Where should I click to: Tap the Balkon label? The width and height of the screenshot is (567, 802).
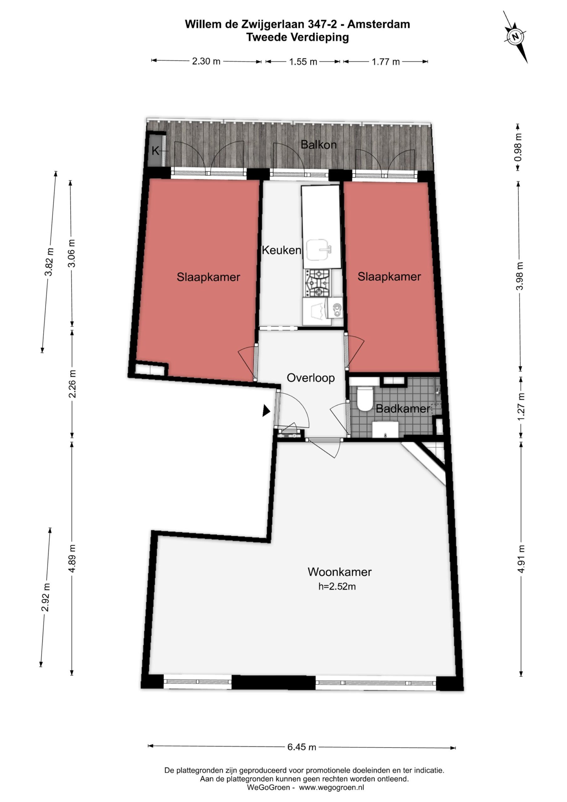318,145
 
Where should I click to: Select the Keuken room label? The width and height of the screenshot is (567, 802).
281,250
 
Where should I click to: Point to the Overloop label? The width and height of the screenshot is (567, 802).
310,378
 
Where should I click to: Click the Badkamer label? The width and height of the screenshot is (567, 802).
403,409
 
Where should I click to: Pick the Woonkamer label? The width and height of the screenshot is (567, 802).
339,572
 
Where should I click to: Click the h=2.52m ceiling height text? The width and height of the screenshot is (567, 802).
337,586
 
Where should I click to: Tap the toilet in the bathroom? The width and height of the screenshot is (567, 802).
365,398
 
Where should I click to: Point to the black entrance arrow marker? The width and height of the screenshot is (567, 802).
266,410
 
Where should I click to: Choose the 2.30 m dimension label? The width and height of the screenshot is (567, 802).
206,61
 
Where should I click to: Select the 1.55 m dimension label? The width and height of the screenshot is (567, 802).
303,62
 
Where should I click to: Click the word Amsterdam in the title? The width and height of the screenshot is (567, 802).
379,24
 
